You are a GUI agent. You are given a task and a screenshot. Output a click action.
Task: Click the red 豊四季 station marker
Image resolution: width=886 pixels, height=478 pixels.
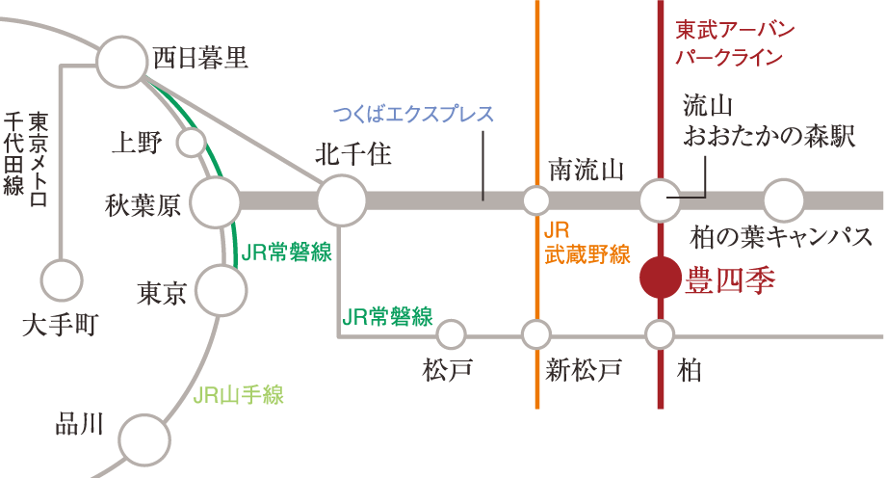(661, 278)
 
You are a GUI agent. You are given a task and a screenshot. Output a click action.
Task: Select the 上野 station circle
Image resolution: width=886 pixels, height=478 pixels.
(191, 143)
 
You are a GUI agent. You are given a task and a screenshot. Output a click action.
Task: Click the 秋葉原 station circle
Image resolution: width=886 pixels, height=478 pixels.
(216, 201)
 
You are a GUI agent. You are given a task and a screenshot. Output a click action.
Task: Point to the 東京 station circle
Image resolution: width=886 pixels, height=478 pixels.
(220, 287)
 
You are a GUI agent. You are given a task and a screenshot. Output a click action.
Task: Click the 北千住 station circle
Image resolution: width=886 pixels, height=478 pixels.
(341, 201)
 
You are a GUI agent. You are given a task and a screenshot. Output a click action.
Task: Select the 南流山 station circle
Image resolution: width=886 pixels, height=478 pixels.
(536, 201)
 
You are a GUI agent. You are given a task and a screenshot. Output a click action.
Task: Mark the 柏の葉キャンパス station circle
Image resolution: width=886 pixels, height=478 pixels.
(784, 201)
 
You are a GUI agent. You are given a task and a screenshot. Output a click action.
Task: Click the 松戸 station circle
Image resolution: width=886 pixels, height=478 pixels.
(451, 335)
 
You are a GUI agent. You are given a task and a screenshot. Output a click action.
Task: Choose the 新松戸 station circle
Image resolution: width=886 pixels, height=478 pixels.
(536, 335)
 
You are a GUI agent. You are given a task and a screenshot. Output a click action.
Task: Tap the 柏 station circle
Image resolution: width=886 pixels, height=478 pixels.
(661, 335)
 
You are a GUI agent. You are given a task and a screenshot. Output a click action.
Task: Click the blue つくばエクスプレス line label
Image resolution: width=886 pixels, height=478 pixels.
(413, 115)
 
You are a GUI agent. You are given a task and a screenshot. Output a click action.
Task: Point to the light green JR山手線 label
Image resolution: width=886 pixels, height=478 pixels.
(239, 394)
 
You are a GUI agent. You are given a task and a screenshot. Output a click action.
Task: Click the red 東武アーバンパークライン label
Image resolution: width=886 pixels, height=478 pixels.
(734, 42)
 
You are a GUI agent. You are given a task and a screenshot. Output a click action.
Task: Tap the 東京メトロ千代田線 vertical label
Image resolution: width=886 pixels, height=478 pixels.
(26, 154)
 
